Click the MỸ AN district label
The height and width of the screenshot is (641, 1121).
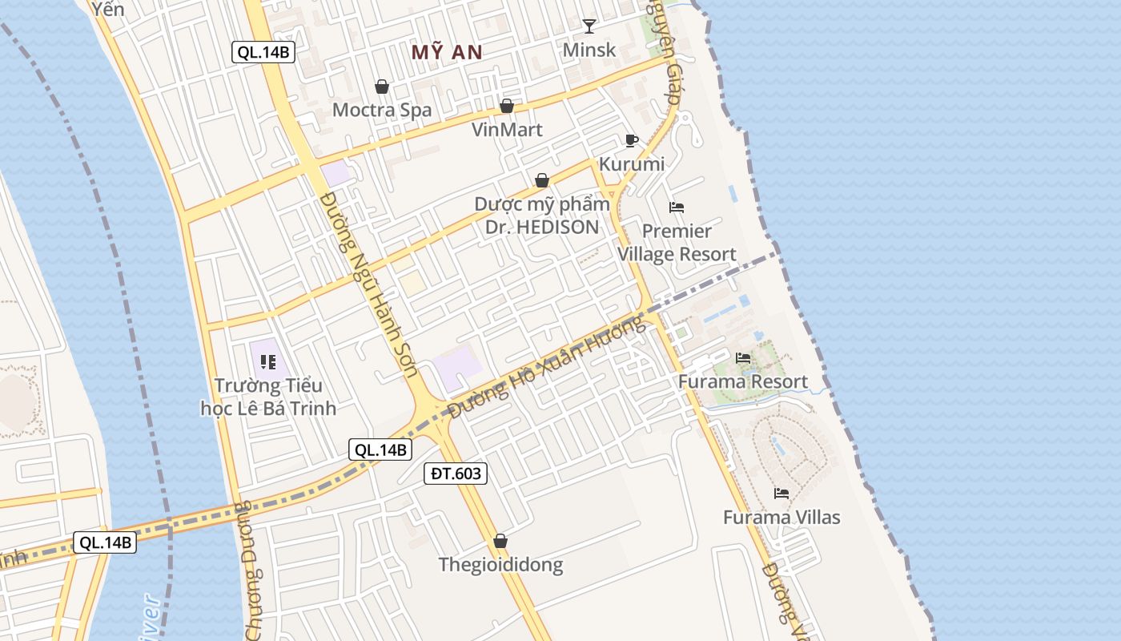coord(447,53)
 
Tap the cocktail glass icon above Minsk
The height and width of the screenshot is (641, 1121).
coord(589,26)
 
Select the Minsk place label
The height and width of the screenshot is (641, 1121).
coord(589,50)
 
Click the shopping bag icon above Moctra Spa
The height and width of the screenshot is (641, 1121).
coord(382,87)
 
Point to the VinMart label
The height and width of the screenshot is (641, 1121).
coord(507,130)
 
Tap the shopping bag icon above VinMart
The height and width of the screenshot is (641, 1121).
coord(507,106)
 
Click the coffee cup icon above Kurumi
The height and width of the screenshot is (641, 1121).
coord(632,141)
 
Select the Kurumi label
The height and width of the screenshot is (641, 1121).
coord(632,164)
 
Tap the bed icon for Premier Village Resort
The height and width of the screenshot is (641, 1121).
coord(677,208)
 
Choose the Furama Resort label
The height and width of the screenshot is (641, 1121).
coord(743,381)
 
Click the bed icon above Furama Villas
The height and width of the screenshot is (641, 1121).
coord(781,494)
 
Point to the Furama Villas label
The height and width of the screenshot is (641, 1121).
coord(781,518)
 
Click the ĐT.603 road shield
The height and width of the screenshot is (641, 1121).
coord(456,474)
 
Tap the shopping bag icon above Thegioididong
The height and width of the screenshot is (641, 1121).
coord(500,542)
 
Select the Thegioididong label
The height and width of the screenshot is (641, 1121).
coord(500,565)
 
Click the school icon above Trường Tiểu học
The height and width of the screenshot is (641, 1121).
coord(267,362)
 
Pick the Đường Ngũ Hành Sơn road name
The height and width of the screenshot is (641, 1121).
coord(368,284)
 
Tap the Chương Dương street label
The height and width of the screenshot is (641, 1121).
coord(250,569)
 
